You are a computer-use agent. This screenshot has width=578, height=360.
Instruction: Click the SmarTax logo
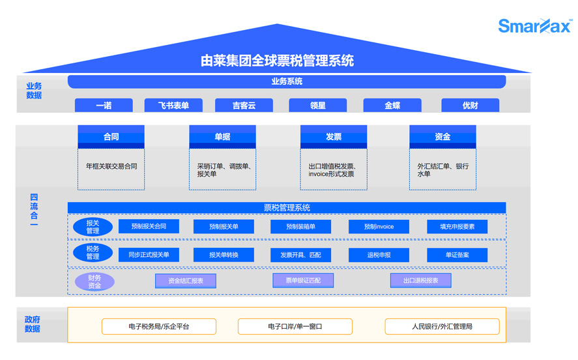pos(534,25)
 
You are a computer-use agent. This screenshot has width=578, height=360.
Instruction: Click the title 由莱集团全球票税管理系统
pos(278,61)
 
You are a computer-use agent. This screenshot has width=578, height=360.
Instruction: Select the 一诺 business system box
pos(104,105)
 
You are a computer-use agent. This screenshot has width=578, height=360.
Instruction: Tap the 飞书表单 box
pos(174,105)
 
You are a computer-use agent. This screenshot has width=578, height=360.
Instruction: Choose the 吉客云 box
pos(244,105)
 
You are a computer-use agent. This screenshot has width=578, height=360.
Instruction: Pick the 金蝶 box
pos(392,105)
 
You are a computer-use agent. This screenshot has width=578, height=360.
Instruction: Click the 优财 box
pos(470,105)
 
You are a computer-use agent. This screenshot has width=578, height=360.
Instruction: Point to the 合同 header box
pos(111,137)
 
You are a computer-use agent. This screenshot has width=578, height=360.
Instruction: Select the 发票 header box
pos(333,137)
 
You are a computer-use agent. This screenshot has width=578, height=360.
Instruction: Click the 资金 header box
pos(442,137)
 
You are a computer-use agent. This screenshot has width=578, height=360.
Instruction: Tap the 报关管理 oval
pos(93,227)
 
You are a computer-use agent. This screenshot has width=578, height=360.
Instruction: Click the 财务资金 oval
pos(94,282)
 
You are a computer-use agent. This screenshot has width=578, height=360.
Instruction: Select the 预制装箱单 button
pos(300,227)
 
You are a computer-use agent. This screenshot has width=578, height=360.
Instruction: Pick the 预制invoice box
pos(379,227)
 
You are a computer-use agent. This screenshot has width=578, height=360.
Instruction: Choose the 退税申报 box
pos(379,255)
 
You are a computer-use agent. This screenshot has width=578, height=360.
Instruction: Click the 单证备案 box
pos(457,255)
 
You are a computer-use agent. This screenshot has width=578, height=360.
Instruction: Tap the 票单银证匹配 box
pos(303,281)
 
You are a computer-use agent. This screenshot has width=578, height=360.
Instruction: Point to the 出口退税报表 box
pos(420,281)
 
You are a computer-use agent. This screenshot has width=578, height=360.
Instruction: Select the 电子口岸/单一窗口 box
pos(295,326)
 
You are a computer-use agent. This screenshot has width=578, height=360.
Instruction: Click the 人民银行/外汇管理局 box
pos(442,326)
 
